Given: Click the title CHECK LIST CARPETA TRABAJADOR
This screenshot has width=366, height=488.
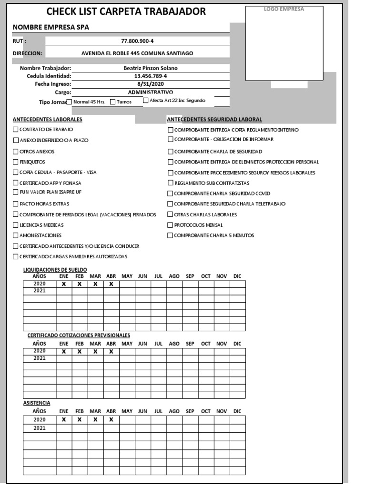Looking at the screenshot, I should [126, 11].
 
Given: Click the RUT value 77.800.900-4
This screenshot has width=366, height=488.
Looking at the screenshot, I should [137, 41].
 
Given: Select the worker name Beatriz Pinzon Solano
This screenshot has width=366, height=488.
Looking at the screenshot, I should [150, 68].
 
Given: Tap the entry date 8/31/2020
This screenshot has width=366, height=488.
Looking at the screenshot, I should [150, 84].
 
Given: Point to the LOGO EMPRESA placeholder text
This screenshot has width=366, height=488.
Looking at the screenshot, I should [284, 9].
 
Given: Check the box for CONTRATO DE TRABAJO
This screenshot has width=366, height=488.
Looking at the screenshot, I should [16, 130].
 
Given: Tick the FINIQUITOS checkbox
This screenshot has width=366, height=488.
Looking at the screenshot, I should [16, 162].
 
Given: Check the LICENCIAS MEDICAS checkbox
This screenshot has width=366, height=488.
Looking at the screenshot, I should [16, 225].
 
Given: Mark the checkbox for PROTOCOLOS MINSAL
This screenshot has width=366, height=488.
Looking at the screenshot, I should [171, 225].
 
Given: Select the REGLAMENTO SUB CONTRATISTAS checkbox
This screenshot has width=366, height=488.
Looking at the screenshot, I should [171, 183].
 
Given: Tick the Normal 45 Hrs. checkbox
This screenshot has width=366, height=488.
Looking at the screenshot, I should [69, 102].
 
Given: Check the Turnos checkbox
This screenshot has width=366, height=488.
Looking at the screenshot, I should [113, 102].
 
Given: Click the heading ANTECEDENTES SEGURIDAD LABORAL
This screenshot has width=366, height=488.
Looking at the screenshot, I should [214, 119].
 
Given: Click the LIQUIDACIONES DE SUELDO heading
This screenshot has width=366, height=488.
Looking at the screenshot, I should [55, 270].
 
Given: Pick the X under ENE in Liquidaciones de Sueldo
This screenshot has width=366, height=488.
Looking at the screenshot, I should [64, 284].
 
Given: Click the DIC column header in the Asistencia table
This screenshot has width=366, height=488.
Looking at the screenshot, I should [237, 411].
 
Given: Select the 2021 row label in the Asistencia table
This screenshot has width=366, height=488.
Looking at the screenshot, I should [40, 428].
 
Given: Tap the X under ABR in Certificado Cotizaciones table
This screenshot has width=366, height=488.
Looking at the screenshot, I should [111, 352].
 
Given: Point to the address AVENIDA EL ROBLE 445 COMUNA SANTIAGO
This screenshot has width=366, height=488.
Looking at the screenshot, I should [137, 53].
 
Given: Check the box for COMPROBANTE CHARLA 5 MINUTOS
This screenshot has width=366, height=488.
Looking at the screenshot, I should [171, 235].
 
